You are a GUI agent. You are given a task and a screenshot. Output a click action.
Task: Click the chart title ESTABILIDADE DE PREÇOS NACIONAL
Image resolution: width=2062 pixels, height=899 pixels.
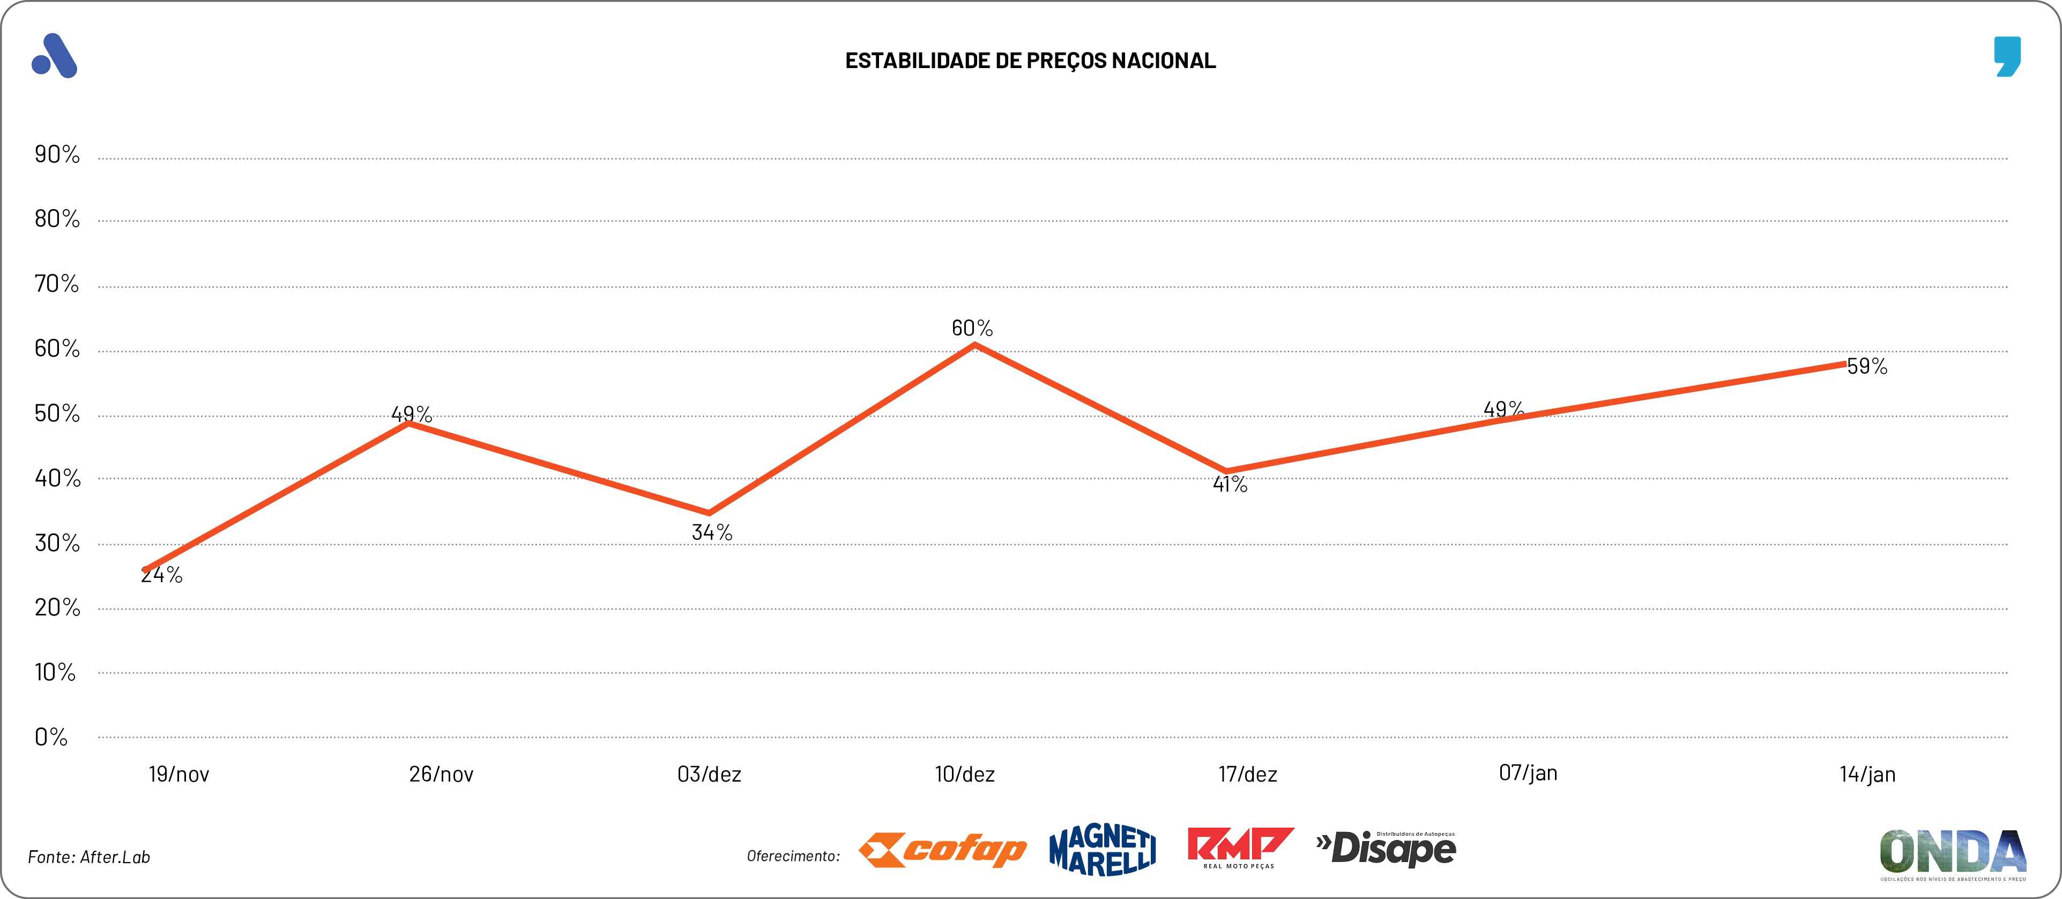tap(1030, 61)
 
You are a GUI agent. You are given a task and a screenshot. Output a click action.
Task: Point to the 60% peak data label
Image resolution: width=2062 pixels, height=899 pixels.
tap(972, 328)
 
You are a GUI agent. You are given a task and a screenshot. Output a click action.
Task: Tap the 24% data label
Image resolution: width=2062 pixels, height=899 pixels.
tap(162, 575)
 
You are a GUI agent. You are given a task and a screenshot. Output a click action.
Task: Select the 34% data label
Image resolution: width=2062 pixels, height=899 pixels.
tap(712, 532)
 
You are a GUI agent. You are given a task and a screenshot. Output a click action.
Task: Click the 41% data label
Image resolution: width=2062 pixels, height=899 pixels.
tap(1230, 484)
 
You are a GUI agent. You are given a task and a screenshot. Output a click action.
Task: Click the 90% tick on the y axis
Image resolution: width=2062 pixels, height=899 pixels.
tap(57, 154)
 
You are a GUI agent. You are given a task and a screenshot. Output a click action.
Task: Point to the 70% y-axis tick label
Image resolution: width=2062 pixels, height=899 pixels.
tap(57, 284)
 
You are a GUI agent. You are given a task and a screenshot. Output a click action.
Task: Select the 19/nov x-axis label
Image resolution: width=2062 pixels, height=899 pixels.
tap(178, 774)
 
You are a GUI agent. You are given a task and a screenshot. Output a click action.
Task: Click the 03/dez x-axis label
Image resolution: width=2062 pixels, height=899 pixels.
tap(709, 774)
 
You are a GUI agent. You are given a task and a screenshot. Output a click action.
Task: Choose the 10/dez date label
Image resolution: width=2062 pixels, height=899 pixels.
tap(965, 774)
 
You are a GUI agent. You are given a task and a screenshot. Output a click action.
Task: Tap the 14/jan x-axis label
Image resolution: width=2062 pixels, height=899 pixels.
tap(1867, 774)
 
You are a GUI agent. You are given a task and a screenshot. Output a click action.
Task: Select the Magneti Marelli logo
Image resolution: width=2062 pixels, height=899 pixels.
tap(1102, 850)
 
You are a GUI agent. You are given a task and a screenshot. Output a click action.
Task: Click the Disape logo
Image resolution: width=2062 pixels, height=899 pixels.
tap(1387, 849)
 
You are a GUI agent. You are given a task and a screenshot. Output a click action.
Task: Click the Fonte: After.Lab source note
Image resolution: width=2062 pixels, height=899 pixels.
tap(89, 857)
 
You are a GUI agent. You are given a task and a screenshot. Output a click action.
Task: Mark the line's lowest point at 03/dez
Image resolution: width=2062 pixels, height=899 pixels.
tap(709, 513)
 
